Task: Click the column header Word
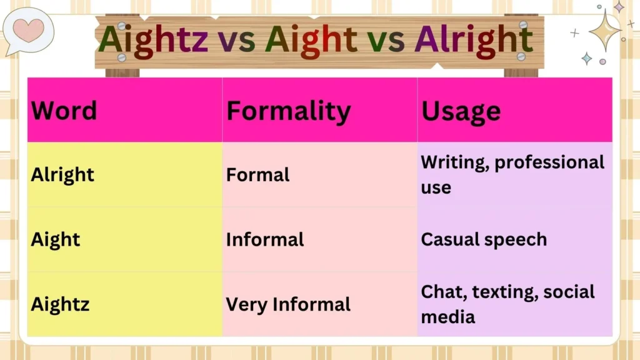tap(64, 111)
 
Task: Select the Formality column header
tap(288, 111)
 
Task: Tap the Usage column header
tap(461, 111)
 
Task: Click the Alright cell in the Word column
tap(62, 174)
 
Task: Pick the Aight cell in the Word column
tap(56, 239)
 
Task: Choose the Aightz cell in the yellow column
tap(60, 304)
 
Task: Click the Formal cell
tap(257, 174)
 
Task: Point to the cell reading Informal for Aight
tap(265, 239)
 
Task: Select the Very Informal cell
tap(288, 304)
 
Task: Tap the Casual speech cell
tap(484, 239)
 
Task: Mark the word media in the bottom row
tap(448, 317)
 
